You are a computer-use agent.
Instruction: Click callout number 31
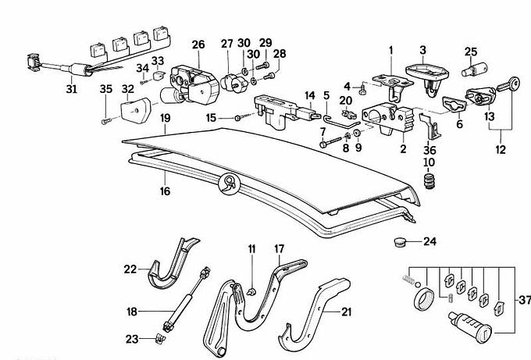pos(72,89)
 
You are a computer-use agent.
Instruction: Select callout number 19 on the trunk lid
pos(165,118)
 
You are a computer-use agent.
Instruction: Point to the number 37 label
pos(522,299)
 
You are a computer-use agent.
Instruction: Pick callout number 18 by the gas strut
pos(133,312)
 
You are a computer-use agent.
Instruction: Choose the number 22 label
pos(130,269)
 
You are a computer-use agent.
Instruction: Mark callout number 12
pos(501,148)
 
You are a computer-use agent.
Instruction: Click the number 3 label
pos(422,49)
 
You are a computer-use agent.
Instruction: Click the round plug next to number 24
pos(400,242)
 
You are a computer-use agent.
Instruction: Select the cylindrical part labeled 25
pos(471,72)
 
